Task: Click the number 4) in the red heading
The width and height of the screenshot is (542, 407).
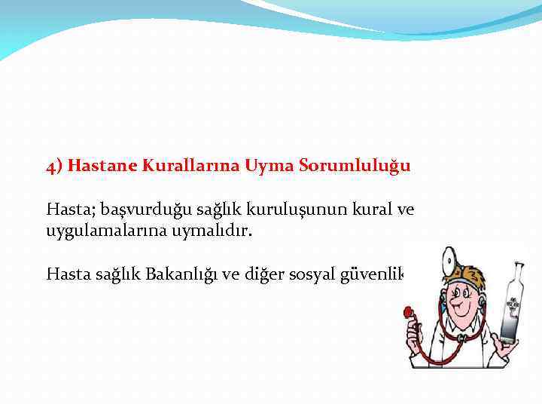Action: [x=54, y=166]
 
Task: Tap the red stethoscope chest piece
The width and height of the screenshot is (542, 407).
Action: [x=409, y=311]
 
